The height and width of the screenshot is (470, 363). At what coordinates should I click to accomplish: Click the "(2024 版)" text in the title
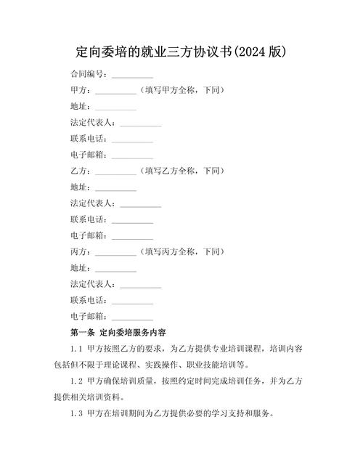(x=259, y=52)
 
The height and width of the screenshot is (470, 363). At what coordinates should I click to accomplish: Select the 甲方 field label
(x=81, y=90)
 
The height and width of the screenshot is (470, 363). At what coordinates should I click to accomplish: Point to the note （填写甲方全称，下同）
(x=181, y=90)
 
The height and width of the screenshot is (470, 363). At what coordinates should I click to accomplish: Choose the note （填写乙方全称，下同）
(x=181, y=171)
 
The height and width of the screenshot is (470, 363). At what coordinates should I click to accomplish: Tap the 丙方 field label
(x=81, y=251)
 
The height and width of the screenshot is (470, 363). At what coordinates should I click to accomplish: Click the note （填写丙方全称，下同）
(x=181, y=251)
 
